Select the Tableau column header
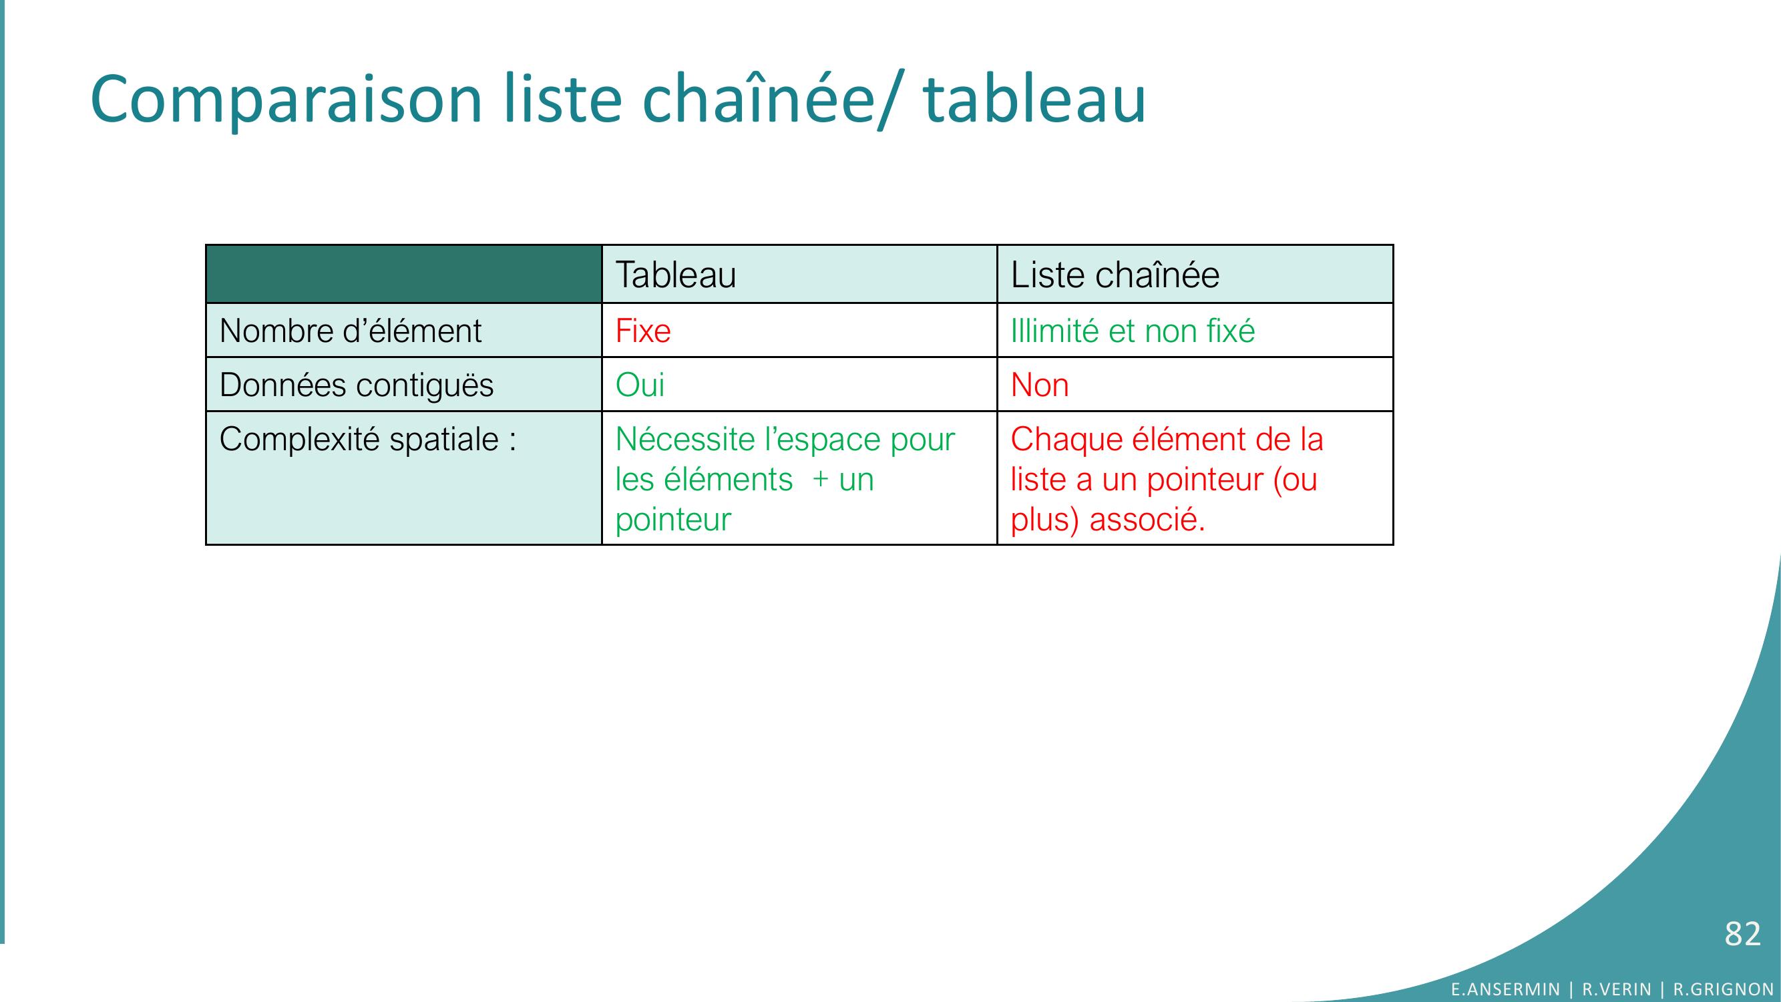pyautogui.click(x=676, y=275)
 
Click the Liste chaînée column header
pyautogui.click(x=1115, y=275)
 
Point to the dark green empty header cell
pyautogui.click(x=404, y=274)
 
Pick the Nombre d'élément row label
pyautogui.click(x=350, y=331)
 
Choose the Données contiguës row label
pyautogui.click(x=356, y=385)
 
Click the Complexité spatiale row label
pyautogui.click(x=368, y=439)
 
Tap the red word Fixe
pyautogui.click(x=642, y=331)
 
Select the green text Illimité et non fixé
pyautogui.click(x=1133, y=331)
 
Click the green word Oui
pyautogui.click(x=640, y=385)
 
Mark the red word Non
pyautogui.click(x=1039, y=385)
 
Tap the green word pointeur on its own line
pyautogui.click(x=672, y=520)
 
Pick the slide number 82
pyautogui.click(x=1742, y=934)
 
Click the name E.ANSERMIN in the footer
pyautogui.click(x=1505, y=989)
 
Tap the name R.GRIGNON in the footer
pyautogui.click(x=1723, y=989)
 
